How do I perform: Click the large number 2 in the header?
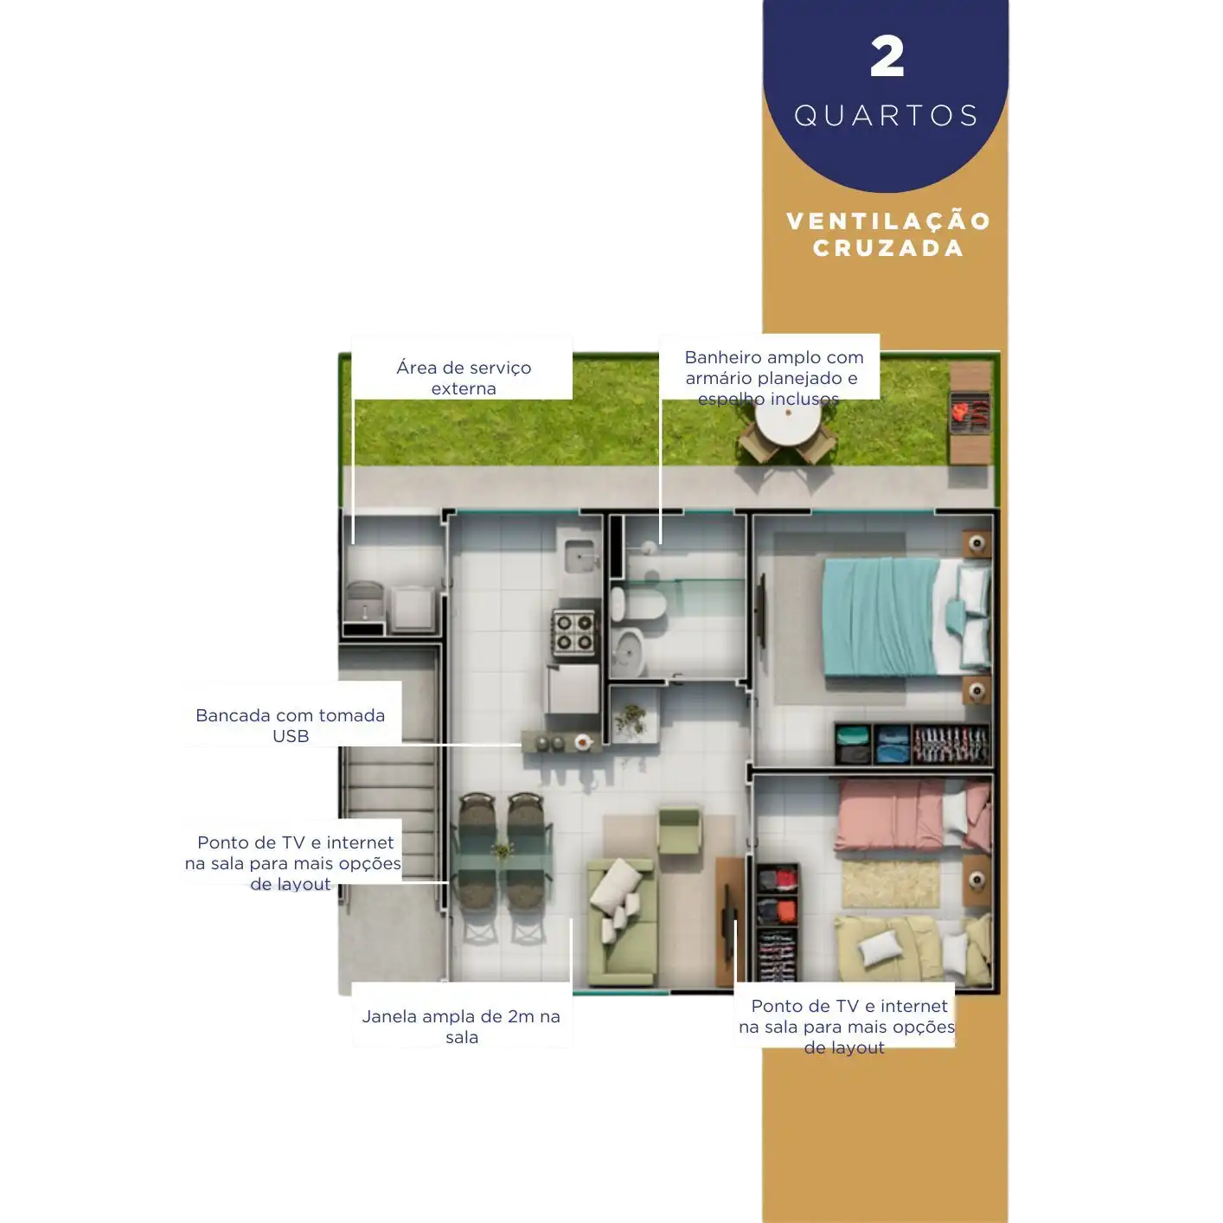pyautogui.click(x=887, y=56)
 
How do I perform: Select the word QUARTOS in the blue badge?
pyautogui.click(x=886, y=116)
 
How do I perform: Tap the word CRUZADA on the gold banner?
pyautogui.click(x=888, y=248)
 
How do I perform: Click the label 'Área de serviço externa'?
pyautogui.click(x=464, y=378)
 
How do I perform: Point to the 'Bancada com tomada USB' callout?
pyautogui.click(x=291, y=726)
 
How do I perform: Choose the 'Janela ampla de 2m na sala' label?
pyautogui.click(x=461, y=1027)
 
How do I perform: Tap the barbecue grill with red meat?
pyautogui.click(x=970, y=412)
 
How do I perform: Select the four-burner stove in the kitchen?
pyautogui.click(x=573, y=632)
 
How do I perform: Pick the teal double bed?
pyautogui.click(x=906, y=617)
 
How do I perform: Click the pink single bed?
pyautogui.click(x=913, y=815)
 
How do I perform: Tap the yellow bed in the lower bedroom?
pyautogui.click(x=913, y=948)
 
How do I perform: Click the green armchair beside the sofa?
pyautogui.click(x=680, y=829)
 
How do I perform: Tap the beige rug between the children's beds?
pyautogui.click(x=890, y=883)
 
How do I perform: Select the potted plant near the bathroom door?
pyautogui.click(x=631, y=721)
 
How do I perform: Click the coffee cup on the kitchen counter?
pyautogui.click(x=583, y=741)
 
